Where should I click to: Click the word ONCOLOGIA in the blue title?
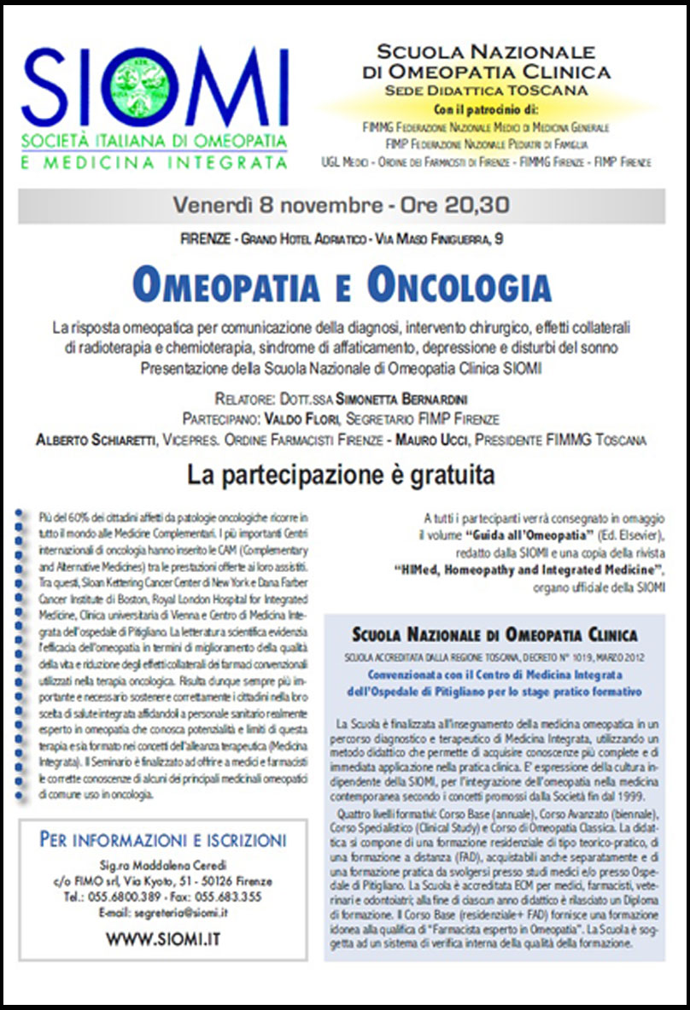(459, 285)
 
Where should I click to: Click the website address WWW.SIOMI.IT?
(163, 938)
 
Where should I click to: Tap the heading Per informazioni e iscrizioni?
(163, 839)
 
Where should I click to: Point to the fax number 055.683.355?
(226, 898)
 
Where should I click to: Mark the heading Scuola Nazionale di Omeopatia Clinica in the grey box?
(494, 634)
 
